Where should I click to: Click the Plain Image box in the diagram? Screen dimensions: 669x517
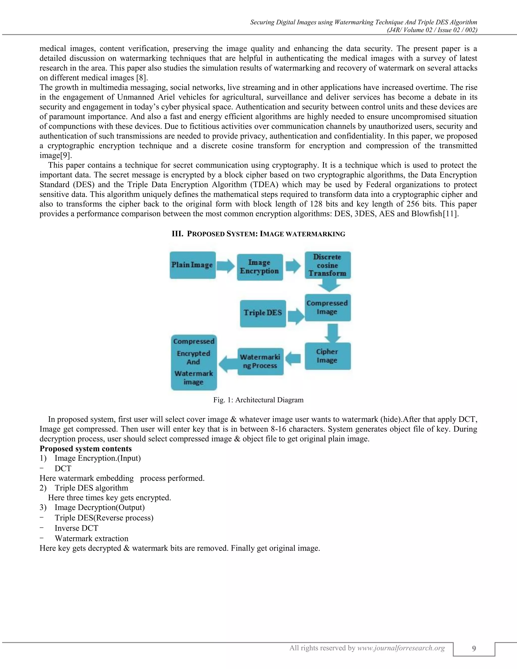193,265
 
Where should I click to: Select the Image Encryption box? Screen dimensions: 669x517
260,267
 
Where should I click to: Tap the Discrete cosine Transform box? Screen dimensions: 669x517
327,265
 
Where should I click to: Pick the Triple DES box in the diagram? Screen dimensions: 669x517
263,313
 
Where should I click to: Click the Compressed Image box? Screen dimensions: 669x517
327,307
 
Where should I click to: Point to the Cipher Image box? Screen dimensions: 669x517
327,356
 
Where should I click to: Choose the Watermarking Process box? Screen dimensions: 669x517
260,362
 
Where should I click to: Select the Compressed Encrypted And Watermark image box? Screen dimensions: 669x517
194,362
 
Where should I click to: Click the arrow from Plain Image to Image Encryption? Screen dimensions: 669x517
226,265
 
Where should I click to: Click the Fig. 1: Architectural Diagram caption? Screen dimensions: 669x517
258,400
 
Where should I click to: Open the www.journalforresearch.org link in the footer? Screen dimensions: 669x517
401,648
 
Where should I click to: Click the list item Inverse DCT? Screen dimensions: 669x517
76,528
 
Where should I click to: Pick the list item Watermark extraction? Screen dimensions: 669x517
91,538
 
